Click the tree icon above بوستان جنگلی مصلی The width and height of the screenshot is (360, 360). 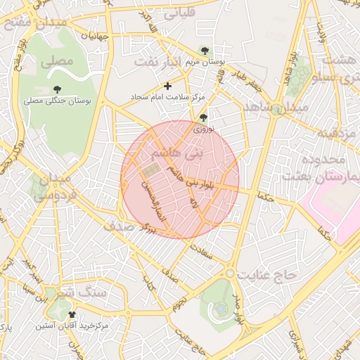pyautogui.click(x=57, y=89)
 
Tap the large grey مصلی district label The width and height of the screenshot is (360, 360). pyautogui.click(x=57, y=61)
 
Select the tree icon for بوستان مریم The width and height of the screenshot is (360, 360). pyautogui.click(x=204, y=51)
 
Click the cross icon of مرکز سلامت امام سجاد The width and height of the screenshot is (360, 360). pyautogui.click(x=167, y=86)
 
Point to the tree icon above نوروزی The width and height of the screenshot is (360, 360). pyautogui.click(x=204, y=117)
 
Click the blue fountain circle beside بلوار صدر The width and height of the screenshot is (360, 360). pyautogui.click(x=221, y=308)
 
